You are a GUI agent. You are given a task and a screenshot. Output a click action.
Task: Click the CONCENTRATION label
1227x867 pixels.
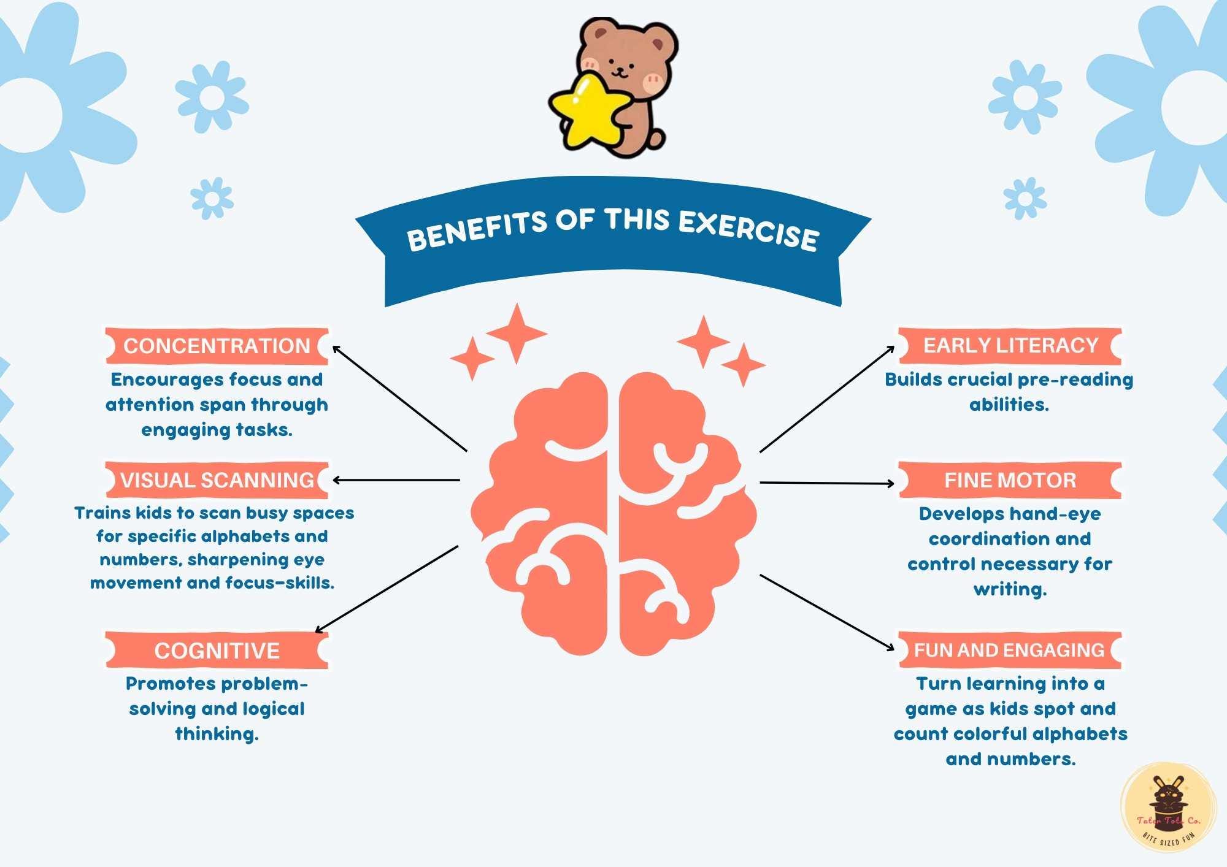(217, 346)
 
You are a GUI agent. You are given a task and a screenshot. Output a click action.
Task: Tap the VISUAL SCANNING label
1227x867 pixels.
(217, 480)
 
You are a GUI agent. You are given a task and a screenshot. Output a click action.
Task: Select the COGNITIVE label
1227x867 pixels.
(217, 651)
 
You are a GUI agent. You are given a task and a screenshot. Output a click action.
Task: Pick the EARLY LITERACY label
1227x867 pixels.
(1010, 346)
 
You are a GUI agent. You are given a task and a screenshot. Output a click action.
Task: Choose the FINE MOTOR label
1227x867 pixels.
(1010, 480)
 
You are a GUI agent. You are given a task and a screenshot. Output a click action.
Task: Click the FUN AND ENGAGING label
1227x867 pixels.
(1009, 650)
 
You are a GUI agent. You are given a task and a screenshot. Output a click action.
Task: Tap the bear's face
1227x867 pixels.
(623, 61)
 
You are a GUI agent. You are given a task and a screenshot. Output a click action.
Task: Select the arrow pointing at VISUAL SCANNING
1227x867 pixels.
(396, 480)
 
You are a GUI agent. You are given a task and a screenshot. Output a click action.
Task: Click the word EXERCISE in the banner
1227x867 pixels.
(748, 230)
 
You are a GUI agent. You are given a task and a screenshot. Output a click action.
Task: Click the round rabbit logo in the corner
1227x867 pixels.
(1168, 808)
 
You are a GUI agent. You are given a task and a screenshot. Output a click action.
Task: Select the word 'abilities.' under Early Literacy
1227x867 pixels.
(1009, 405)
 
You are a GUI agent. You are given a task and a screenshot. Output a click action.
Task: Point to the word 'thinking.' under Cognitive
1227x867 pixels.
(217, 734)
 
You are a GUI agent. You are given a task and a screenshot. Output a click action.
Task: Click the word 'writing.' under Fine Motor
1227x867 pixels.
(1010, 589)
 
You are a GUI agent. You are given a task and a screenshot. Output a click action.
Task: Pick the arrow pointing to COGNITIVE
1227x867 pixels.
(387, 589)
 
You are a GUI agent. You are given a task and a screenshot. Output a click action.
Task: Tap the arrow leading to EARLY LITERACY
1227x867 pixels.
(827, 399)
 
